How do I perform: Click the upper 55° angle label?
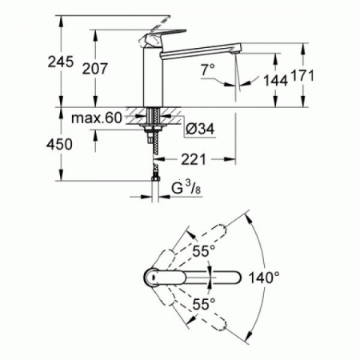[204, 250]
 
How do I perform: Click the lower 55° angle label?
[204, 304]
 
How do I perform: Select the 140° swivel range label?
[264, 278]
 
